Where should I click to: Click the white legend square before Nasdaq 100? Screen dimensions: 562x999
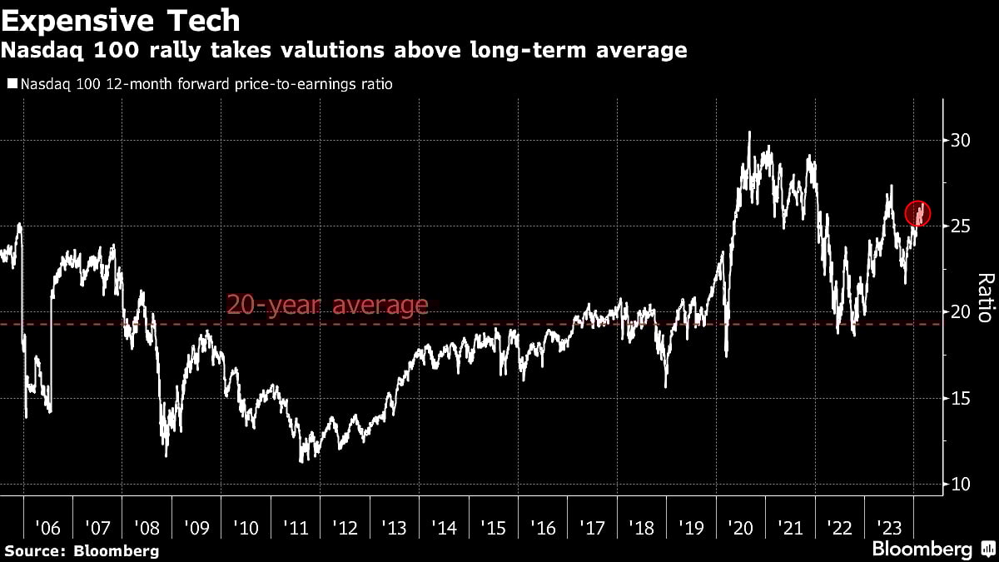point(12,84)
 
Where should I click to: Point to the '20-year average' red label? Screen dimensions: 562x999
point(327,306)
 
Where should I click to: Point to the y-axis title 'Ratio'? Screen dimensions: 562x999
point(985,297)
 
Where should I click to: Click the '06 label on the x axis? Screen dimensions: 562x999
point(48,528)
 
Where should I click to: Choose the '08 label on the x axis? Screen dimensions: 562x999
point(147,528)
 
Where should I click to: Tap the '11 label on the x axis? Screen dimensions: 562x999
point(296,528)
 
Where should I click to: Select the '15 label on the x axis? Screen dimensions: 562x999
point(494,528)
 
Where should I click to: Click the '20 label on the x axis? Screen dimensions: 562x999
point(741,528)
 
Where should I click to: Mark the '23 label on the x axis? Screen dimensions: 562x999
point(889,528)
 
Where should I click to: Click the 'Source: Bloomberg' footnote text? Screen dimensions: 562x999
point(82,550)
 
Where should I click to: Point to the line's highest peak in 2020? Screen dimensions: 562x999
point(749,132)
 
